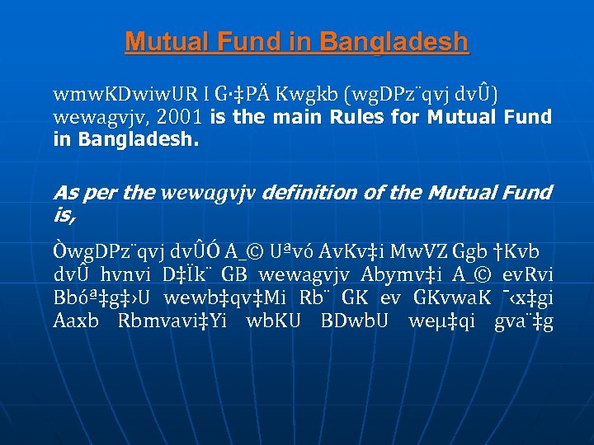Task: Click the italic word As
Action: tap(65, 193)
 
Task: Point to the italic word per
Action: tap(101, 193)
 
